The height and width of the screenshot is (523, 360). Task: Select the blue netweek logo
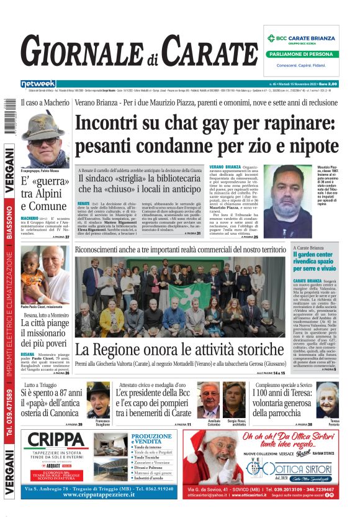pos(38,84)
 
